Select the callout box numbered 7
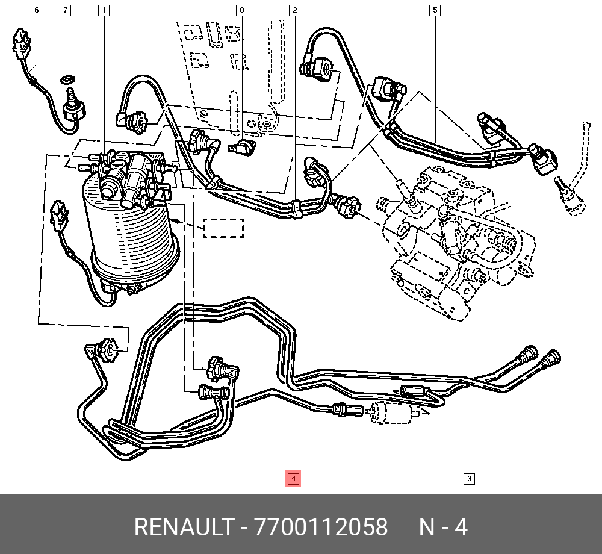(x=65, y=10)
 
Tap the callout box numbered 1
(x=104, y=10)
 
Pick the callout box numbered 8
(x=241, y=10)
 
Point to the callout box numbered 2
(x=294, y=10)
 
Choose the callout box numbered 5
(x=435, y=10)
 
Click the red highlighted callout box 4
(x=293, y=479)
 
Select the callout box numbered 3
(x=469, y=479)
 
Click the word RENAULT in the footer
(x=183, y=528)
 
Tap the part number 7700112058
(x=321, y=528)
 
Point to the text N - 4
(x=443, y=528)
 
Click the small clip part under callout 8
(x=243, y=147)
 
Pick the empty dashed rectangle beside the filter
(x=223, y=228)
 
